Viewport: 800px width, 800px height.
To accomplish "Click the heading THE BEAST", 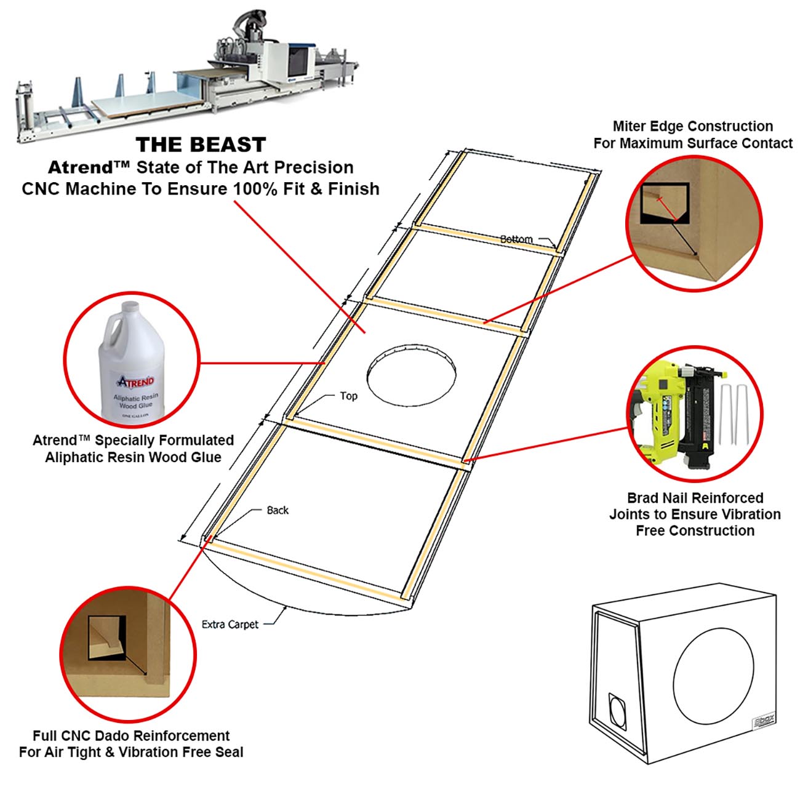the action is pyautogui.click(x=201, y=145).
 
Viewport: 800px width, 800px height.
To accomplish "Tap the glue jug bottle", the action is pyautogui.click(x=132, y=362).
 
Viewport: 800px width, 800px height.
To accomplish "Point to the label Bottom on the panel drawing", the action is pyautogui.click(x=516, y=239).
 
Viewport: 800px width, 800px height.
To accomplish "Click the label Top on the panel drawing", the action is pyautogui.click(x=348, y=396).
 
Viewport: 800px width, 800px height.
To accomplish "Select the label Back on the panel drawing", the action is pyautogui.click(x=278, y=510).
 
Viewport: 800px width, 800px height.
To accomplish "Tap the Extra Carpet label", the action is pyautogui.click(x=230, y=625).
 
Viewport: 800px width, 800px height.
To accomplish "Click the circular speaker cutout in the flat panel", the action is pyautogui.click(x=411, y=376).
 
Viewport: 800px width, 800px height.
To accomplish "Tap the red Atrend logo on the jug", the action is pyautogui.click(x=135, y=381).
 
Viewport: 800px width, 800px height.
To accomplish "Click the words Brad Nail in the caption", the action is pyautogui.click(x=660, y=498).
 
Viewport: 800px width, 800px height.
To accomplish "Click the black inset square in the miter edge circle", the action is pyautogui.click(x=664, y=203).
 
